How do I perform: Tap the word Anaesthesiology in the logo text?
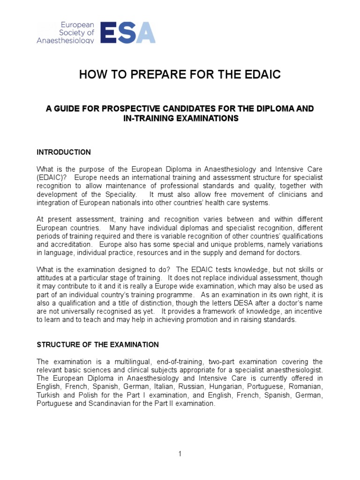pyautogui.click(x=66, y=40)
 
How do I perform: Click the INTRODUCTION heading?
pyautogui.click(x=64, y=152)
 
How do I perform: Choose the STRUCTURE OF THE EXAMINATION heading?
pyautogui.click(x=98, y=345)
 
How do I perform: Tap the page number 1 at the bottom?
pyautogui.click(x=180, y=454)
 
